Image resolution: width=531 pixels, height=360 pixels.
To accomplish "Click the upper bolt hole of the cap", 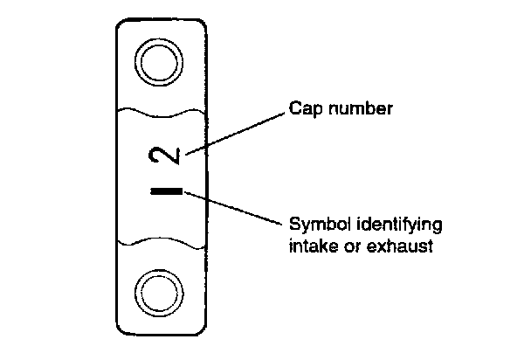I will [x=162, y=63].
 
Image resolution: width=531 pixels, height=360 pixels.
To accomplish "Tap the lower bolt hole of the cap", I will [x=162, y=290].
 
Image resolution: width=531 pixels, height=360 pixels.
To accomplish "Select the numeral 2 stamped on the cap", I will [x=171, y=156].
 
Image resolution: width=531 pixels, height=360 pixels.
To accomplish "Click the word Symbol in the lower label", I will [x=316, y=225].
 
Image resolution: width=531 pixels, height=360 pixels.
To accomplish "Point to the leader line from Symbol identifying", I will [x=236, y=207].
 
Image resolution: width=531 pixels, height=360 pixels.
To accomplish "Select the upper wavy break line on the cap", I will [x=162, y=114].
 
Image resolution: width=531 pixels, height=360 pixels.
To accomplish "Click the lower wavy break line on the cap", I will [x=162, y=240].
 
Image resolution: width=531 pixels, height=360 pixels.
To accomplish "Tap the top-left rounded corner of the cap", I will [x=121, y=24].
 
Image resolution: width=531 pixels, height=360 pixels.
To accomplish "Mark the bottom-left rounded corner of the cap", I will [x=121, y=329].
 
